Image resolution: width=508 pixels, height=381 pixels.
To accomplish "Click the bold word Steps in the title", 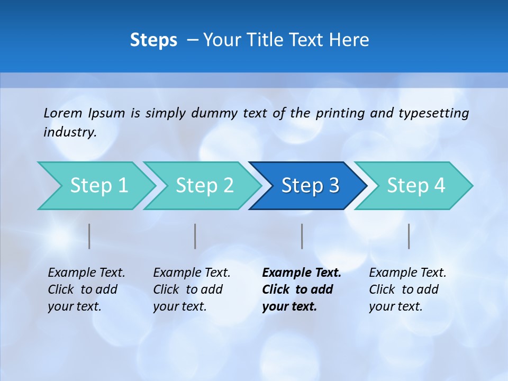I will tap(153, 40).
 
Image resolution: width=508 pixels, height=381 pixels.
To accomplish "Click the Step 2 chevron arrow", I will tap(204, 186).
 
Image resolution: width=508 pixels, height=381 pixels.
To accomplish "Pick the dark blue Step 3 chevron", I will tap(309, 186).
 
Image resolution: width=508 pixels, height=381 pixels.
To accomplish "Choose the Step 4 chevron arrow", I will tap(415, 186).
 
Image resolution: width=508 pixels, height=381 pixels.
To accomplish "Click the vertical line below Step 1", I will tap(89, 236).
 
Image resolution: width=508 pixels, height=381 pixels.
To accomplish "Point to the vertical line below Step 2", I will tap(195, 236).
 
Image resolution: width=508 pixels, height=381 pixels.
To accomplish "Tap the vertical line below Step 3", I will tap(302, 236).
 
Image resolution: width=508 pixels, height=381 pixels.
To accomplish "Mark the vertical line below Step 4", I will tap(409, 236).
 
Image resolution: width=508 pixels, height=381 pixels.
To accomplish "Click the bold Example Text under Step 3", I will tap(302, 273).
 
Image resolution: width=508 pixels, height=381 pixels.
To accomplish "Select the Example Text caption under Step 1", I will tap(86, 273).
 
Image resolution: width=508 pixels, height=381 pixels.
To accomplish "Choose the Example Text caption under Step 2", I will tap(192, 273).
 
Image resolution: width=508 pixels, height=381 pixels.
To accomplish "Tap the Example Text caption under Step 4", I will tap(407, 273).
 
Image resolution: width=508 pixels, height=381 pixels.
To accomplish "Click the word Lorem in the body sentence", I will tap(63, 113).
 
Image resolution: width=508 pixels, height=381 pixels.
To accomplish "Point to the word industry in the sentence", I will tap(70, 132).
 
